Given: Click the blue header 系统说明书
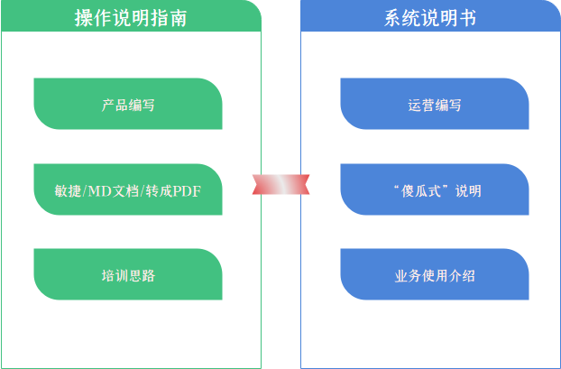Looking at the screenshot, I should (x=430, y=16).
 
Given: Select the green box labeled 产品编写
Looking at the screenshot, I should (x=128, y=104).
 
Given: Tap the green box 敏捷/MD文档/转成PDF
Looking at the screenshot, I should (x=128, y=189).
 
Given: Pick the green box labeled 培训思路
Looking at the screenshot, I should (x=128, y=274).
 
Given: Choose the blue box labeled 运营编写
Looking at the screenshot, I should (x=435, y=104).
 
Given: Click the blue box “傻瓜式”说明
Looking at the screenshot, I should (x=435, y=189).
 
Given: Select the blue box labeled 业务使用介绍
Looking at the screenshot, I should (x=435, y=274).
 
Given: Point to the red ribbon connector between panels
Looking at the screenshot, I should (x=280, y=184).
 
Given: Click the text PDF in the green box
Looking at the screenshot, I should (x=188, y=190).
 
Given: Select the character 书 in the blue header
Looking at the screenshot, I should (x=466, y=16).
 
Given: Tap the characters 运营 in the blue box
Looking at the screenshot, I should (x=421, y=105).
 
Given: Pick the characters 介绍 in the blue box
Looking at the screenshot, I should (x=462, y=275).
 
